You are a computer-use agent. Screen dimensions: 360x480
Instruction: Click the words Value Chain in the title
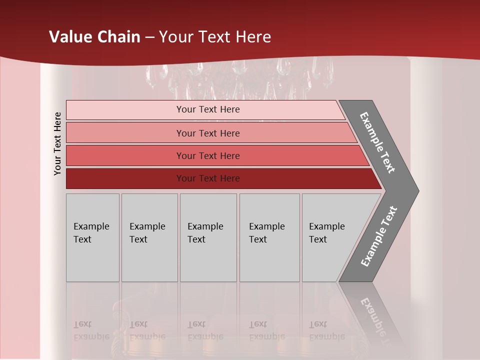coord(94,37)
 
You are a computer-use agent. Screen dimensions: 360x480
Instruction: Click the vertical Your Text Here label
coord(57,143)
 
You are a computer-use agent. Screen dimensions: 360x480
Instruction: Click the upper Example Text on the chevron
coord(377,142)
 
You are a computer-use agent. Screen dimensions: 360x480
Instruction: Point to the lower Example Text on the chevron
coord(379,236)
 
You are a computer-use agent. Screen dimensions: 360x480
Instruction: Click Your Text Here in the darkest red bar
coord(208,178)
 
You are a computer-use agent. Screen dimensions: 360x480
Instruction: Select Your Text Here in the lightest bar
coord(208,109)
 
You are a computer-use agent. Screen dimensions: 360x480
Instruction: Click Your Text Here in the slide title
coord(215,37)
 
